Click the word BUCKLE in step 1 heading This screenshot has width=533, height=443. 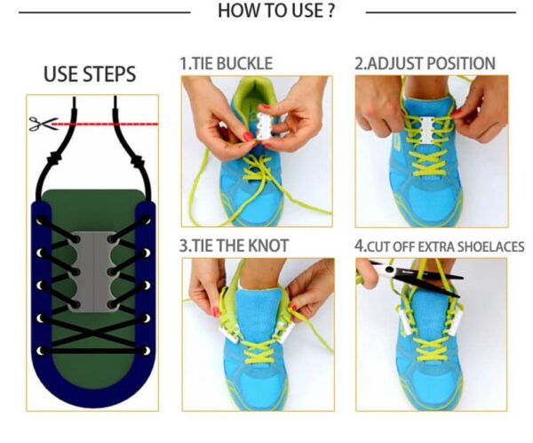pos(244,64)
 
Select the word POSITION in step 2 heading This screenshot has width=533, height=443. pos(460,64)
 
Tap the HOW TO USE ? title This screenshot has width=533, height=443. pos(276,11)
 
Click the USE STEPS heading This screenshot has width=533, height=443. pos(90,74)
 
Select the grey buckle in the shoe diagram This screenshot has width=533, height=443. pos(93,271)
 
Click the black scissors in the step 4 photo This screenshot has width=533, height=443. pos(408,276)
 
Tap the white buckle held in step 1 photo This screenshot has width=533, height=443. pos(266,126)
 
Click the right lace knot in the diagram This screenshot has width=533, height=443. pos(137,160)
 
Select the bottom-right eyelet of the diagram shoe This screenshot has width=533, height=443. pos(147,350)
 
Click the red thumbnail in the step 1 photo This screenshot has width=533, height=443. pos(249,136)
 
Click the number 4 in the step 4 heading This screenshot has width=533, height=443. pos(359,246)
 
